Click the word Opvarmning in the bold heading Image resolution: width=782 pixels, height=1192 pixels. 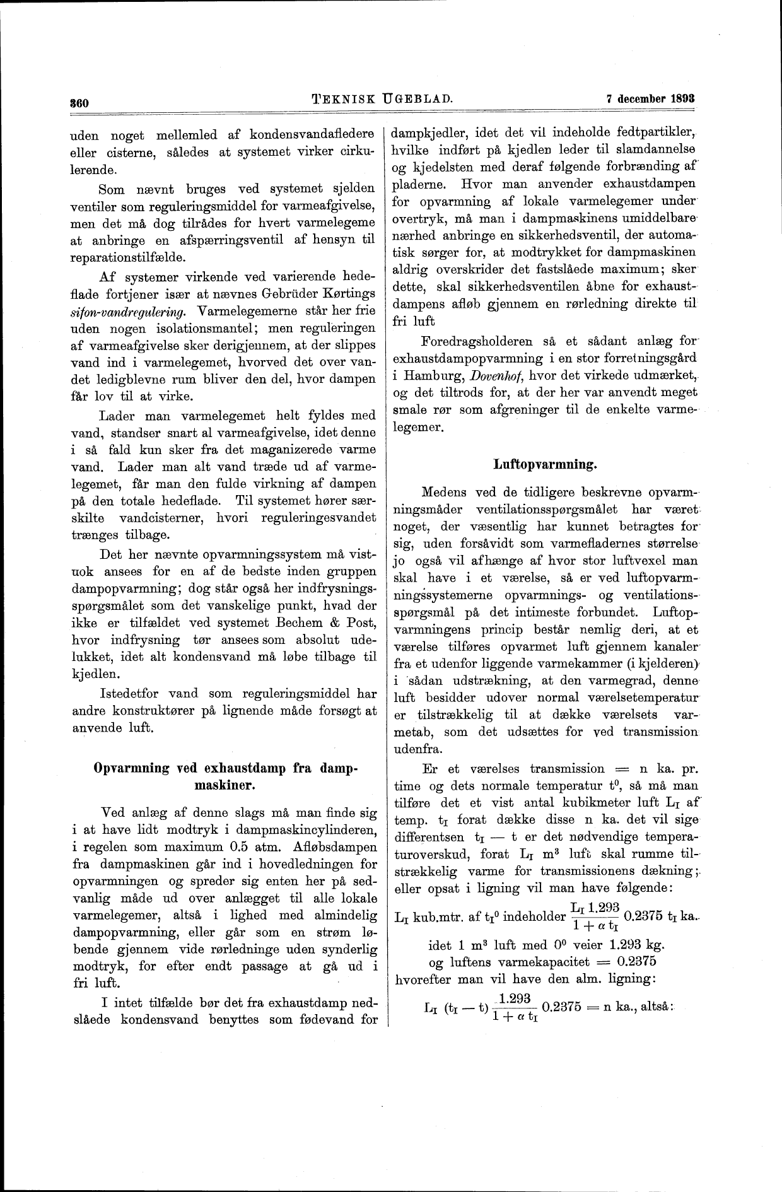[131, 768]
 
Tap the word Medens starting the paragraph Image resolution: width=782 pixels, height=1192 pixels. [443, 491]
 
